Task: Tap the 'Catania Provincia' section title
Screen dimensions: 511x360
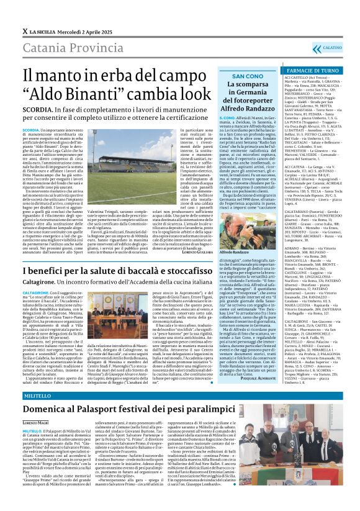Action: click(x=70, y=46)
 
